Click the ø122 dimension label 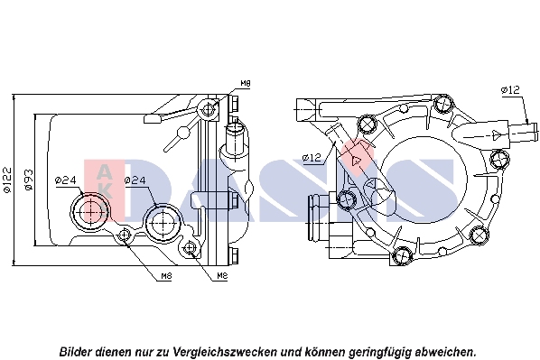(x=7, y=180)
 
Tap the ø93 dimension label (x=29, y=180)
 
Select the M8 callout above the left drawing (x=246, y=83)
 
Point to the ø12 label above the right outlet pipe (x=511, y=90)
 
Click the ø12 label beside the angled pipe (x=312, y=158)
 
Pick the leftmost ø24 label (x=66, y=180)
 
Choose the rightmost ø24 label (x=135, y=180)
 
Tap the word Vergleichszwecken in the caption (x=225, y=352)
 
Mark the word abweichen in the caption (x=444, y=352)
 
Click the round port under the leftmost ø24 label (x=90, y=212)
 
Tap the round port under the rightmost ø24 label (x=163, y=222)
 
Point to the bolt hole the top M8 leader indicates (x=208, y=109)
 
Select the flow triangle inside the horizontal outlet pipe (x=497, y=134)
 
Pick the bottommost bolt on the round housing (x=402, y=256)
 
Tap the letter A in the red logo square (x=104, y=172)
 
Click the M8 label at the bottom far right (x=222, y=276)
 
